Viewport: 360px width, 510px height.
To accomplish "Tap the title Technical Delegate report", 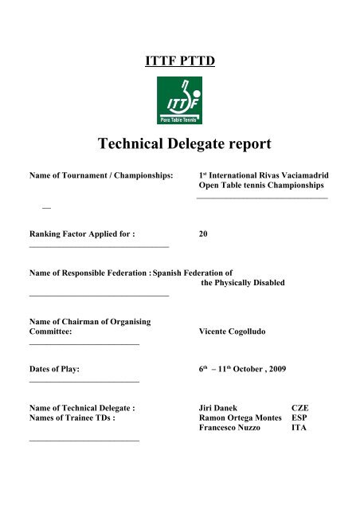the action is (x=180, y=146).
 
